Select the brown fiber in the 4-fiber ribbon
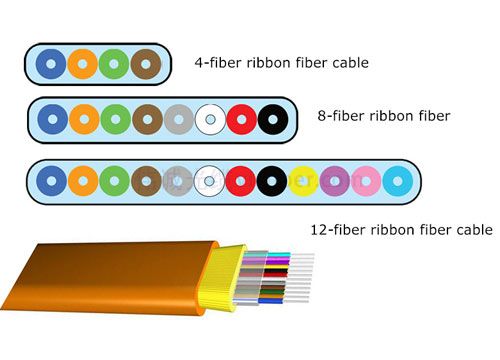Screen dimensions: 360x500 pyautogui.click(x=146, y=64)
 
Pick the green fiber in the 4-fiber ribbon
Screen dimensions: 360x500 pyautogui.click(x=115, y=64)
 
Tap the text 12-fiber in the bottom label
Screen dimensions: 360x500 pyautogui.click(x=333, y=230)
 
